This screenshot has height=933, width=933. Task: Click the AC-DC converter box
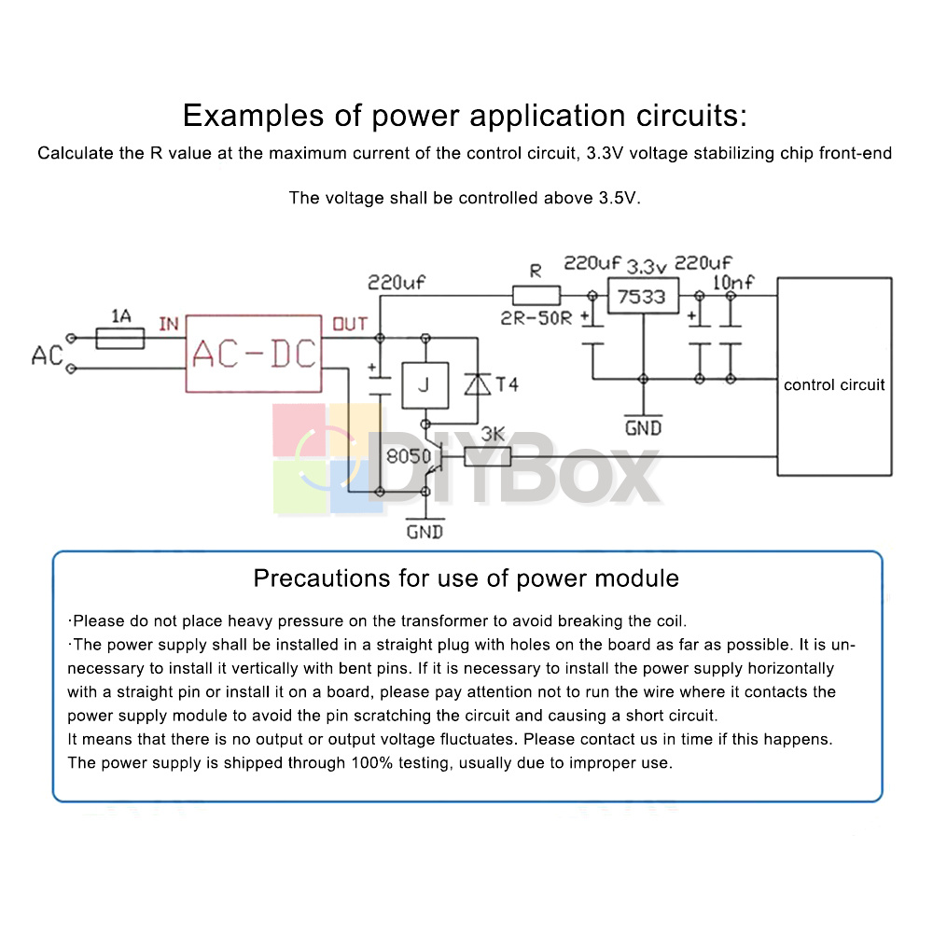[254, 353]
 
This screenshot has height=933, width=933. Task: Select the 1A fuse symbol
[120, 337]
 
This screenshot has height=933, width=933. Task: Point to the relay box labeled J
[424, 384]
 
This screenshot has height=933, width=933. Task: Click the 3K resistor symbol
[488, 456]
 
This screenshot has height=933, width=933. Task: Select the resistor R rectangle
[536, 296]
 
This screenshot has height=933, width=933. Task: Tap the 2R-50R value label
[536, 319]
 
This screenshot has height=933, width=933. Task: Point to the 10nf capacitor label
[733, 283]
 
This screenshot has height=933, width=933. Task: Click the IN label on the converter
[169, 324]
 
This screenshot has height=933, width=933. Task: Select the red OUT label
[350, 324]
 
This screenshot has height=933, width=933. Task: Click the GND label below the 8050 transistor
[425, 532]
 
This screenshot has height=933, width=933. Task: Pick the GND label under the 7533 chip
[643, 427]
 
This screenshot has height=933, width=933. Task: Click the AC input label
[47, 355]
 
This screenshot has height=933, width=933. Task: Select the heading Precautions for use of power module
[466, 578]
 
